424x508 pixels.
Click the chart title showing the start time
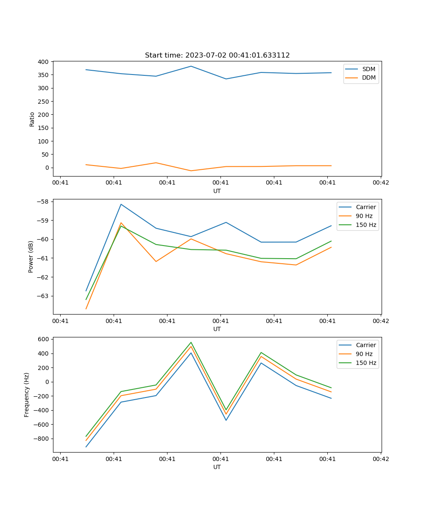tap(217, 55)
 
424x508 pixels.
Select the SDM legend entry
tap(368, 69)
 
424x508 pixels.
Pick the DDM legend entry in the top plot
tap(368, 77)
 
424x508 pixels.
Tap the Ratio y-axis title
tap(32, 119)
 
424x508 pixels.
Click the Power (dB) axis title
tap(31, 257)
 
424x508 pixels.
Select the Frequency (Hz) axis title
tap(27, 395)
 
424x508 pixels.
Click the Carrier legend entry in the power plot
tap(365, 207)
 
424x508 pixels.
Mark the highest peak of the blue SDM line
tap(191, 66)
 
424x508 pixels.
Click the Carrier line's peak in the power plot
tap(121, 204)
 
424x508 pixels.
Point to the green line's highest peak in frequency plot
tap(191, 342)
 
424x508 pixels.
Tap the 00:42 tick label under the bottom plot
tap(381, 458)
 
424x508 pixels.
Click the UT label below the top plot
tap(217, 191)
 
